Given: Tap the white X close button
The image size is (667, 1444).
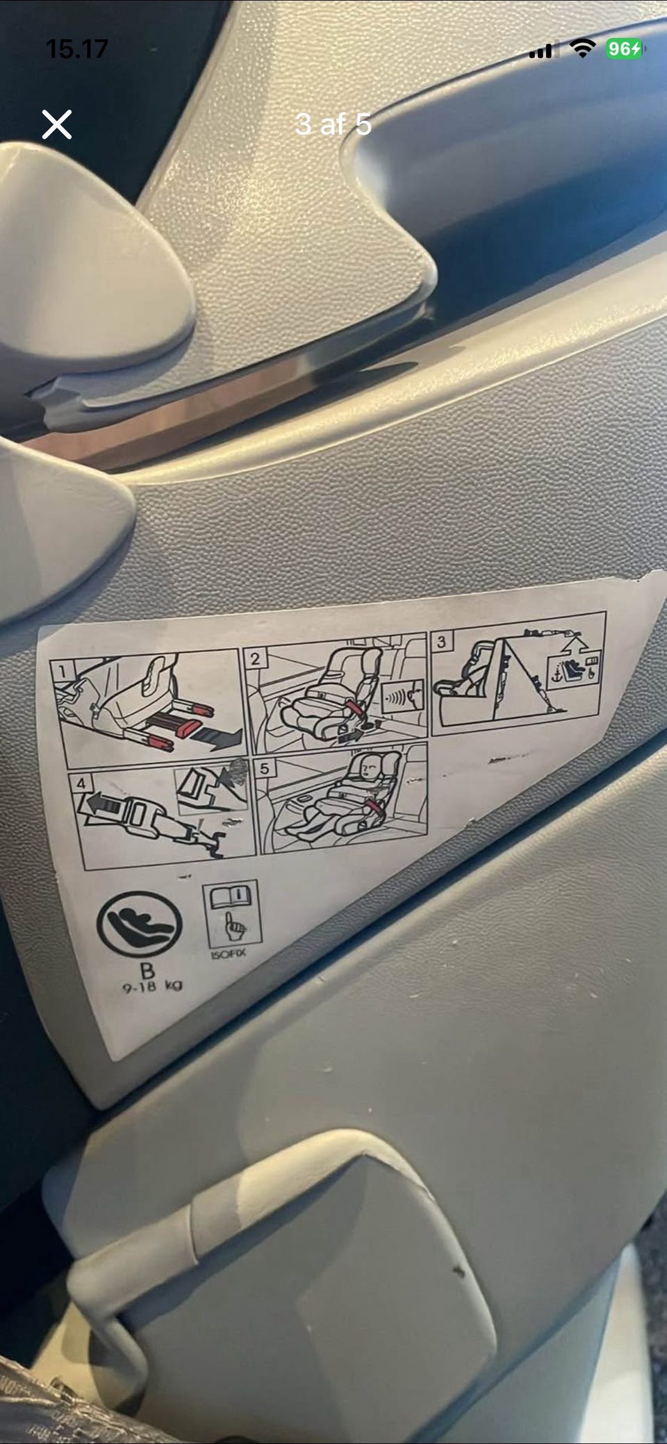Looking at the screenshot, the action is coord(56,125).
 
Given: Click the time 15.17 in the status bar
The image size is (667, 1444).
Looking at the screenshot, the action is coord(76,49).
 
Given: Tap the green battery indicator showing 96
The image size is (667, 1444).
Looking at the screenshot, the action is coord(624,49).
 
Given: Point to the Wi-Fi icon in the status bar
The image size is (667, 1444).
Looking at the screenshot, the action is coord(582,48).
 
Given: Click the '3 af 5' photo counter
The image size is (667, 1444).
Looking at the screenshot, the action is coord(333,124).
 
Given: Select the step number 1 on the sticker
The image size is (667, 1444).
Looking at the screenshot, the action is coord(63,671).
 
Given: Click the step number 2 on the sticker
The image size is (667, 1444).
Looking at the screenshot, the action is coord(256,658).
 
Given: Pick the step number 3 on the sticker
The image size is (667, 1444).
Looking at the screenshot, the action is coord(441,642).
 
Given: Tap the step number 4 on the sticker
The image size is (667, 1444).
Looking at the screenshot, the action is coord(82,783).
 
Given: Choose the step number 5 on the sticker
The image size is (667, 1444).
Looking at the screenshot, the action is coord(265,769).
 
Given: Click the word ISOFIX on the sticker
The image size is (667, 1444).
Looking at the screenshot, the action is coord(228,954).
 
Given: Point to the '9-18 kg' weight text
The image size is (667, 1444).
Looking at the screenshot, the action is coord(153,986).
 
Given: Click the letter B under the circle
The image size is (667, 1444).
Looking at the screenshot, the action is coord(147,970).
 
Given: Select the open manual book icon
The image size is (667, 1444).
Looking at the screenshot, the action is coord(232,896).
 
